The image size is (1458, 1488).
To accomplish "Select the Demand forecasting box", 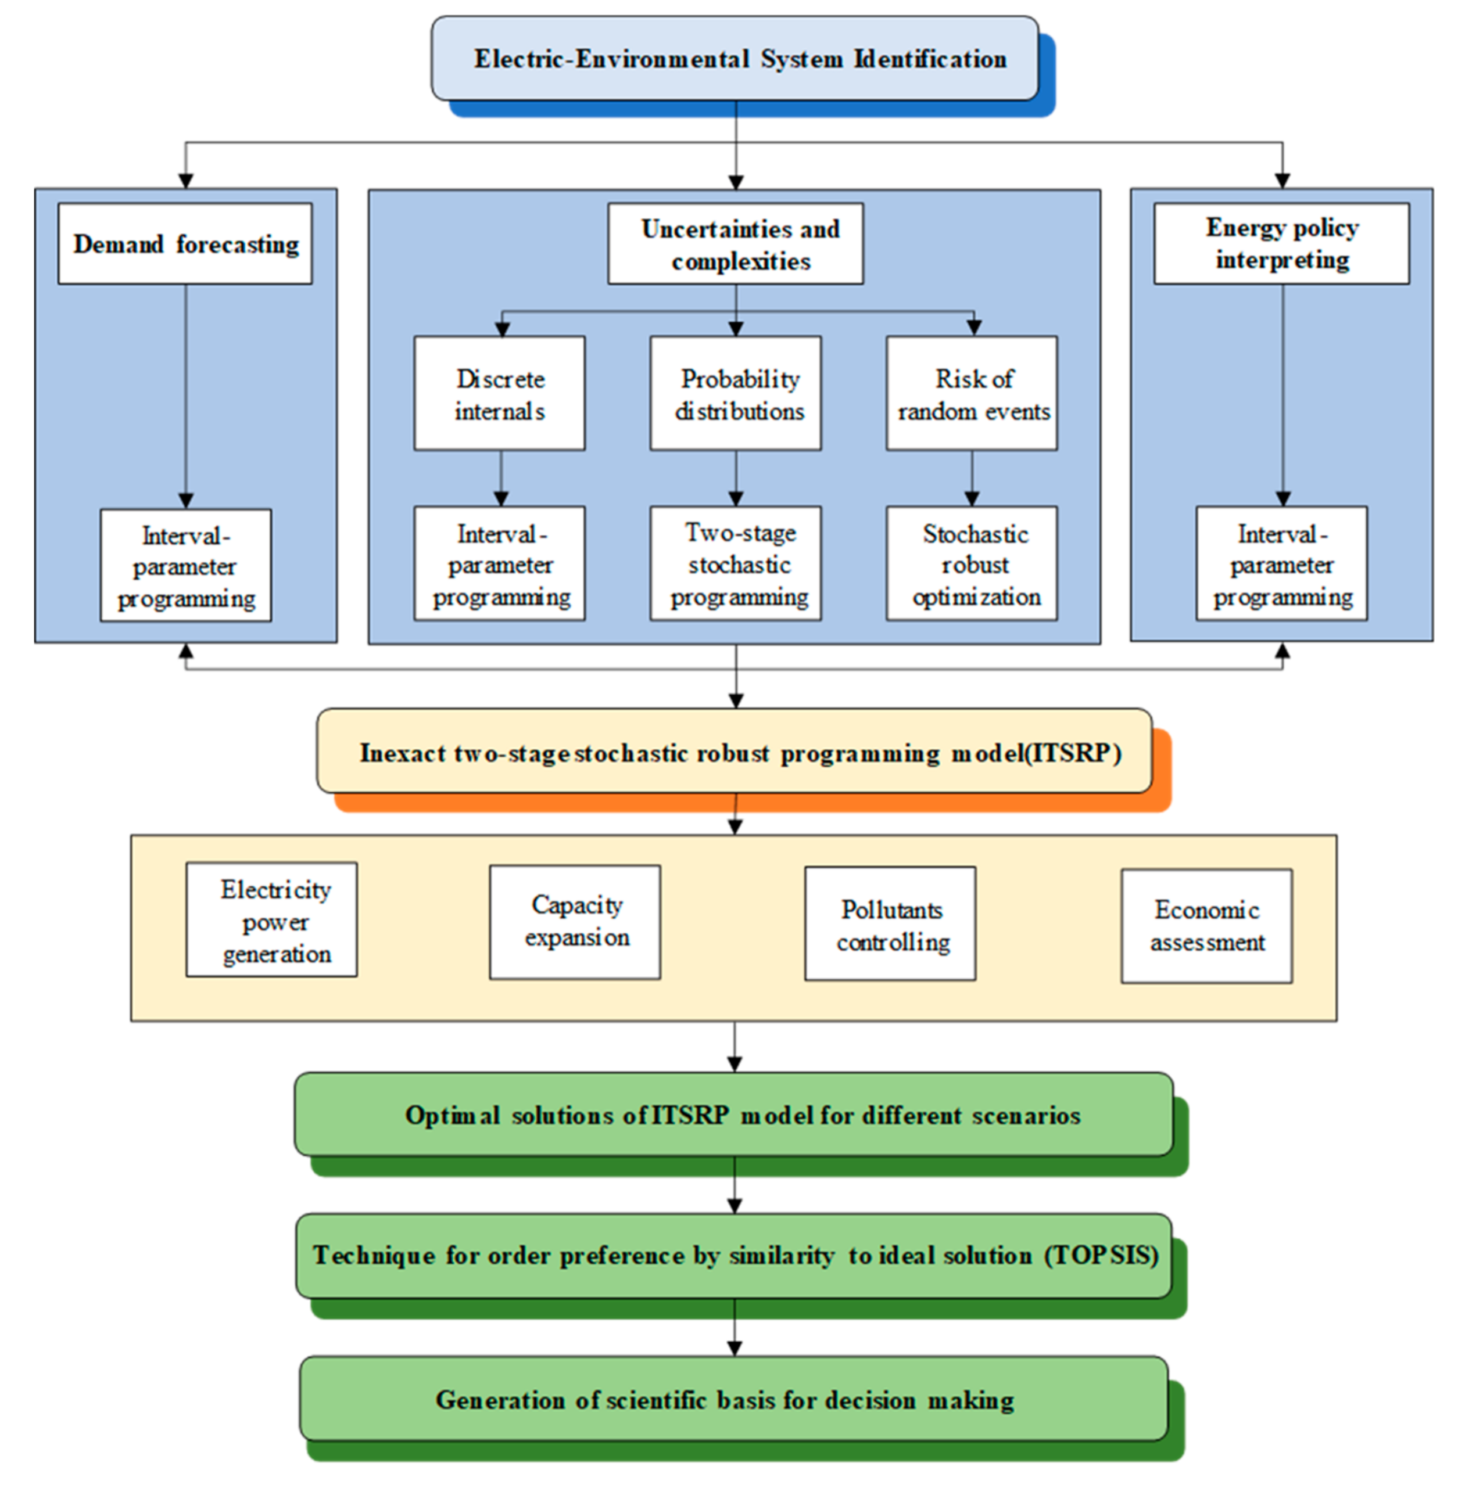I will [x=185, y=244].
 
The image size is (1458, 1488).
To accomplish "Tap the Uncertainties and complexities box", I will [x=736, y=244].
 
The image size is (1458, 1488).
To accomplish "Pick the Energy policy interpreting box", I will [x=1282, y=243].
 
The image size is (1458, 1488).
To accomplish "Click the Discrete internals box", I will [x=500, y=393].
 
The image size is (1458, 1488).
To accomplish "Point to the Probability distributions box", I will [x=736, y=393].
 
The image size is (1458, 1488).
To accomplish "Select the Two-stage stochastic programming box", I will [x=736, y=563].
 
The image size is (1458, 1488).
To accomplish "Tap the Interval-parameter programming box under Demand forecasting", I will [x=185, y=566].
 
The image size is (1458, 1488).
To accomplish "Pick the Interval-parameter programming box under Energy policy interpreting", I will [x=1282, y=563].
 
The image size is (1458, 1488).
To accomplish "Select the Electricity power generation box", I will [x=272, y=920].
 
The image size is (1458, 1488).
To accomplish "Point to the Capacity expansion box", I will [x=575, y=922].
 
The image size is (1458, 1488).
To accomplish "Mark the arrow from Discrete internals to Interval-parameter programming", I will [x=501, y=479].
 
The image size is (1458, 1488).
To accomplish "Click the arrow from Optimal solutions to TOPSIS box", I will [x=735, y=1185].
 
